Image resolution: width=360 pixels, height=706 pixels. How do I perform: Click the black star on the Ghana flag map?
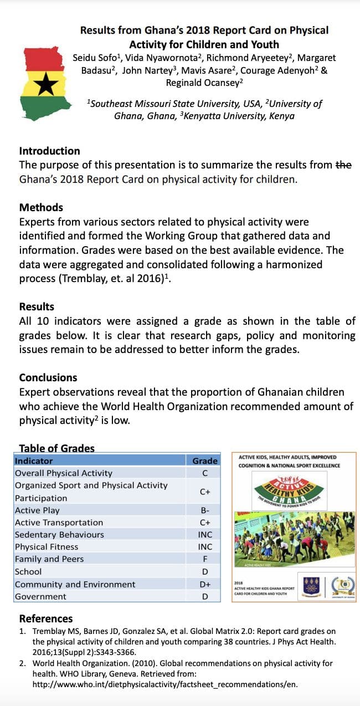[43, 85]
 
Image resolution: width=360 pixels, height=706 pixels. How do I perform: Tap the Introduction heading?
[49, 151]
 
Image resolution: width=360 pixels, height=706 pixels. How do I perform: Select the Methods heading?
[41, 207]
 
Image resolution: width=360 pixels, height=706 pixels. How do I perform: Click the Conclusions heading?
[48, 377]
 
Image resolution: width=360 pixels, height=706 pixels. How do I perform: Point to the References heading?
[46, 618]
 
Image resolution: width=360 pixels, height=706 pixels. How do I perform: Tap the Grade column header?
[205, 461]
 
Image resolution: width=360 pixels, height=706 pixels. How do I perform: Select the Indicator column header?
[34, 461]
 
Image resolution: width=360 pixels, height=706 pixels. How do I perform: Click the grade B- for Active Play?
[205, 510]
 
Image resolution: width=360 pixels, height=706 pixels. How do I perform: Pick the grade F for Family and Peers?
[205, 559]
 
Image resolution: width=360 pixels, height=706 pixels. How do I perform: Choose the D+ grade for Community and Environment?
[205, 584]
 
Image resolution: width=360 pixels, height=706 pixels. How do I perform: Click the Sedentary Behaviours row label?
[59, 535]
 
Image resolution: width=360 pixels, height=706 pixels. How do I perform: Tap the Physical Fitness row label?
[47, 547]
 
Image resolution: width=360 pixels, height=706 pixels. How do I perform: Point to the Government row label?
[40, 596]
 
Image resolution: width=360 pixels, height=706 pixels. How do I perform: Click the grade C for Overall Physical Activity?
[205, 473]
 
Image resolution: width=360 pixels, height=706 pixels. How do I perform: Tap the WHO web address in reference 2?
[165, 684]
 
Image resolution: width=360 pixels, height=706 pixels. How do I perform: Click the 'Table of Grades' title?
[56, 448]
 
